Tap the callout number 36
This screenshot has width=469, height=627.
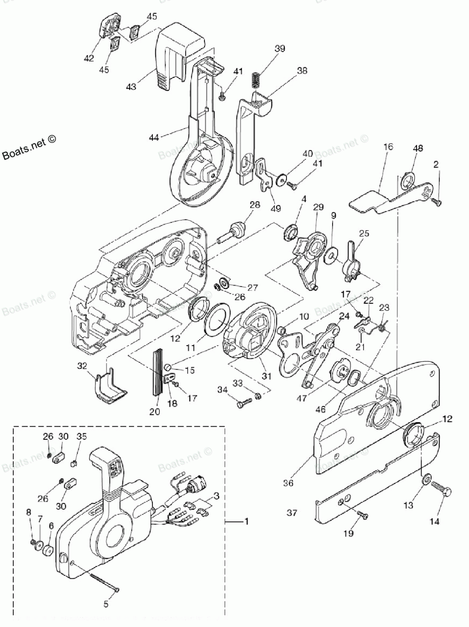point(289,482)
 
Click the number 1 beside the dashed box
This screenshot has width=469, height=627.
point(247,521)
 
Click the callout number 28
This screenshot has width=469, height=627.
point(254,205)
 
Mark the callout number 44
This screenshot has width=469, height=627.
point(154,137)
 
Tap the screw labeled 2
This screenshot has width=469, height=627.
point(438,201)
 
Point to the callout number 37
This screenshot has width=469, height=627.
point(292,513)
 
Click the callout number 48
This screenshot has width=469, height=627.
point(417,149)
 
